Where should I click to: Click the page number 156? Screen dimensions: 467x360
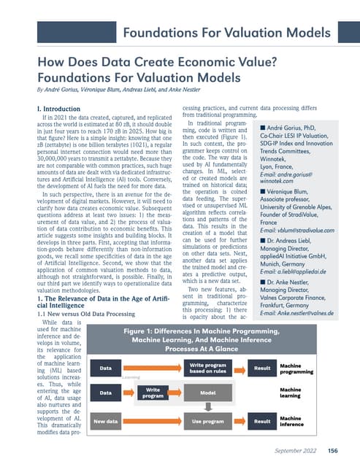332,450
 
